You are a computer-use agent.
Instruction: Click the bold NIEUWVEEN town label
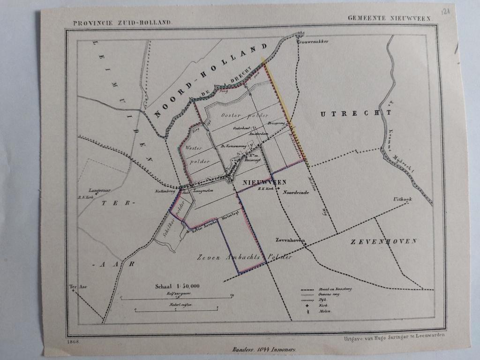tap(258, 182)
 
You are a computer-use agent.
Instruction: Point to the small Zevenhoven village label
tap(290, 240)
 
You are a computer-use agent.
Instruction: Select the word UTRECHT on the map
tap(356, 113)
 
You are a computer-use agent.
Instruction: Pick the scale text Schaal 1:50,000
tap(177, 285)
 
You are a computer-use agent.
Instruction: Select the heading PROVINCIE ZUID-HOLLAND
tap(122, 22)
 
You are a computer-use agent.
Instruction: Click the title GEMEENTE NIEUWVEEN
tap(389, 18)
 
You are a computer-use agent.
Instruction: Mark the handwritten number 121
tap(448, 10)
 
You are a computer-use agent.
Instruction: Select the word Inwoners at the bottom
tap(282, 349)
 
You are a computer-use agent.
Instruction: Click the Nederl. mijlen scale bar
tap(176, 309)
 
